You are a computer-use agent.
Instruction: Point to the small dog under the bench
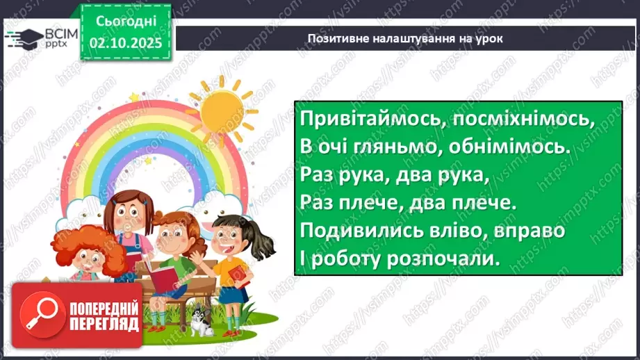[x=202, y=322]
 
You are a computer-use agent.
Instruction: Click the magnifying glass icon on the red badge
[x=40, y=315]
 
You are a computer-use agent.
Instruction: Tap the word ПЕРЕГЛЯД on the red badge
[x=104, y=325]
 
